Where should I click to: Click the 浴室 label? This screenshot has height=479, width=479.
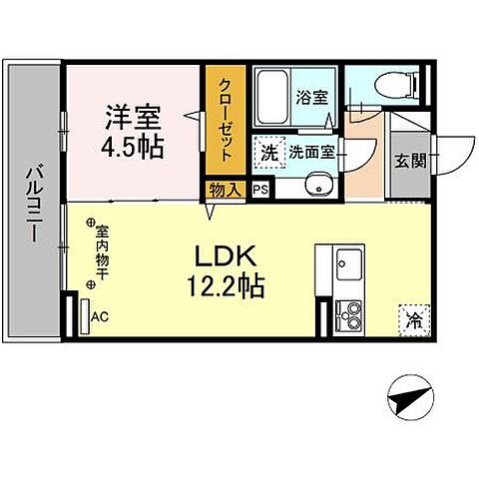pyautogui.click(x=311, y=98)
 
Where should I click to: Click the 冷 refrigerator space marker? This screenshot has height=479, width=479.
pyautogui.click(x=411, y=320)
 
